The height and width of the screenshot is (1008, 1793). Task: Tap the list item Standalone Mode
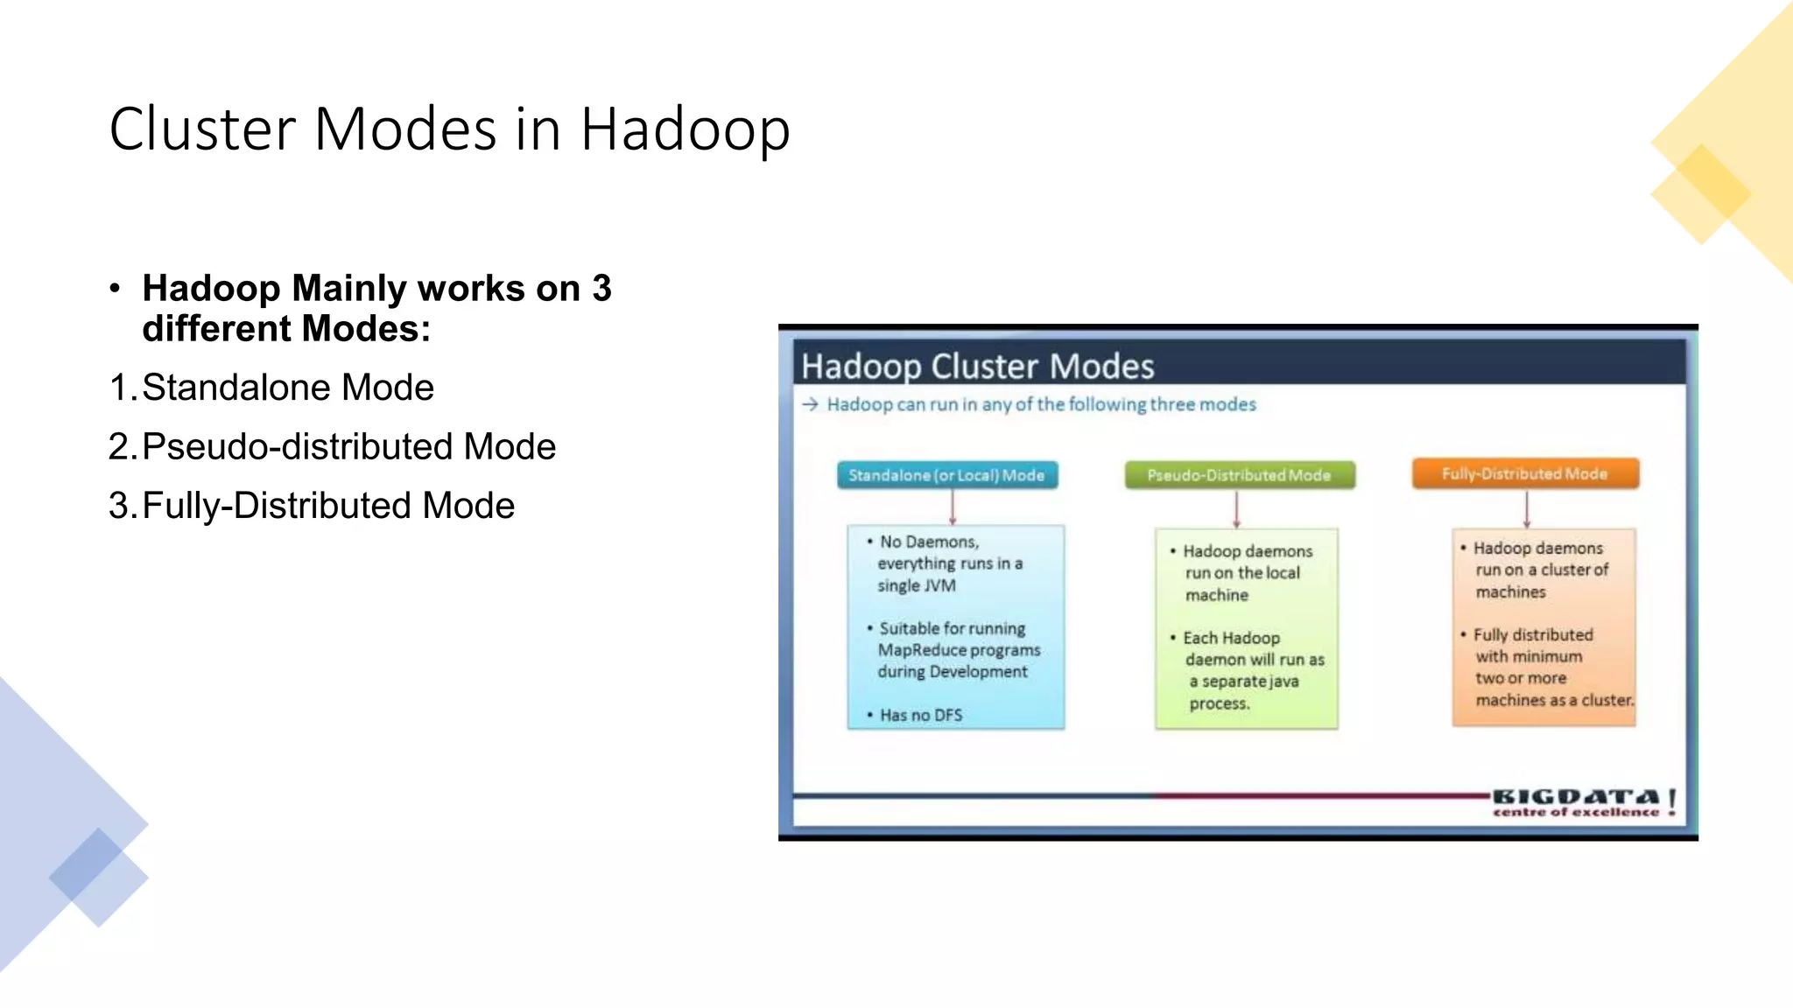tap(287, 388)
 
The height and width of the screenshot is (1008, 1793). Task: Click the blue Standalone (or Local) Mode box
tap(946, 475)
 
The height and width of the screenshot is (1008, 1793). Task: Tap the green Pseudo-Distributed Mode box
tap(1239, 475)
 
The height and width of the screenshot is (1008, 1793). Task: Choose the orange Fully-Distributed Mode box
tap(1524, 473)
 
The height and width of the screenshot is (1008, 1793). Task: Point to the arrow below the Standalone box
tap(953, 507)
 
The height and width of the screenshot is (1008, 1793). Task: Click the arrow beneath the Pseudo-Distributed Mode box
tap(1236, 509)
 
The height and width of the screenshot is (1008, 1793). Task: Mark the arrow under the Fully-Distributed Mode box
tap(1526, 509)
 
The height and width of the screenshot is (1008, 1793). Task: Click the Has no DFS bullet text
tap(921, 716)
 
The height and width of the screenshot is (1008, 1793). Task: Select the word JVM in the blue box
tap(939, 585)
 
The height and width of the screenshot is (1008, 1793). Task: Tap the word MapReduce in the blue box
tap(916, 650)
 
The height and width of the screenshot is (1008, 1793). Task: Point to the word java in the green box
tap(1283, 682)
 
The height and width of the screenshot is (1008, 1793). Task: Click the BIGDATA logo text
tap(1575, 797)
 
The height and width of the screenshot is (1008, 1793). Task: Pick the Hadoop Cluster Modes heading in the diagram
tap(977, 367)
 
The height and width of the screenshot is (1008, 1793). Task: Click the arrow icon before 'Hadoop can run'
tap(810, 404)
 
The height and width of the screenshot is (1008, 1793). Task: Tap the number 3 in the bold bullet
tap(601, 289)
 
